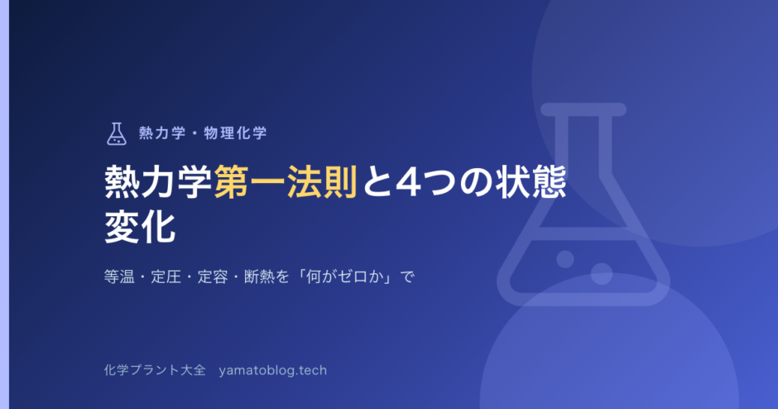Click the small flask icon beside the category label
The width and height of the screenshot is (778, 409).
pyautogui.click(x=117, y=133)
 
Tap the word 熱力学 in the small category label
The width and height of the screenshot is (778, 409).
pyautogui.click(x=161, y=133)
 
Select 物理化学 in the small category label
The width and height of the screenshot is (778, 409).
pyautogui.click(x=235, y=133)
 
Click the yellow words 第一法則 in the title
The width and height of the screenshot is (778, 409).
pyautogui.click(x=286, y=182)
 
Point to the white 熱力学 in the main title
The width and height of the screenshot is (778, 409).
pyautogui.click(x=158, y=182)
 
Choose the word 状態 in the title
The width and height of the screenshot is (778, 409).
pyautogui.click(x=531, y=182)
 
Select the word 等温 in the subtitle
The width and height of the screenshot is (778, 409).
pyautogui.click(x=119, y=277)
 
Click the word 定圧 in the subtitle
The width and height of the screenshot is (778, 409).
pyautogui.click(x=166, y=277)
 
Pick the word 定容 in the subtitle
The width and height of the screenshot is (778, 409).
pyautogui.click(x=213, y=277)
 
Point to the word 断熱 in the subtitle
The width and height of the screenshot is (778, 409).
pyautogui.click(x=259, y=277)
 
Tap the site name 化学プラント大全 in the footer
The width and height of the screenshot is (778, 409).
pyautogui.click(x=154, y=370)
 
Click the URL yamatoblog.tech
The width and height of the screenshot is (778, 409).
pyautogui.click(x=273, y=370)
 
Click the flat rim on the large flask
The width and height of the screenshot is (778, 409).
pyautogui.click(x=583, y=109)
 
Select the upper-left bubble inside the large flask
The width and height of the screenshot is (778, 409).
pyautogui.click(x=565, y=259)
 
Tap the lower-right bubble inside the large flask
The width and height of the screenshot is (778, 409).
pyautogui.click(x=602, y=274)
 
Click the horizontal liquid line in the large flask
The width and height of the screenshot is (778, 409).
pyautogui.click(x=583, y=233)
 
